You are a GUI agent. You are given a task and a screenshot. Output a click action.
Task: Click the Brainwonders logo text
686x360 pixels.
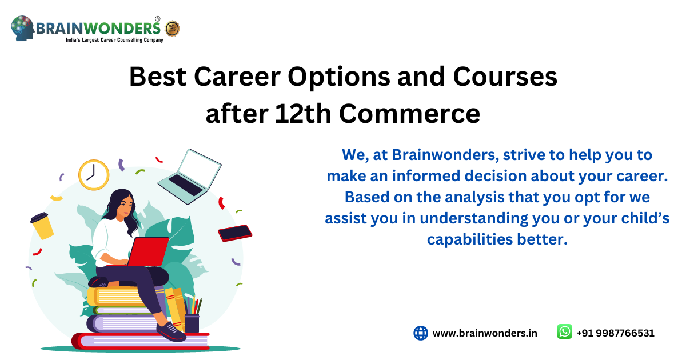click(98, 27)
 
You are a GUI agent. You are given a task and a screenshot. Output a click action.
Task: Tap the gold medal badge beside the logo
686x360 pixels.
click(172, 28)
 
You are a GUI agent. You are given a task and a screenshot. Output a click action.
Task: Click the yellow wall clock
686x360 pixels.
click(93, 174)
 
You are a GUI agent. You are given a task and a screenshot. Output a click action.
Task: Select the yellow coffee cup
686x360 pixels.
click(42, 225)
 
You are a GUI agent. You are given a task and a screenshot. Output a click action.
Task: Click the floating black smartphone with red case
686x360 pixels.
click(235, 233)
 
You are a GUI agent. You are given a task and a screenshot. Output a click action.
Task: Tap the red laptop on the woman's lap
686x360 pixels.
click(150, 251)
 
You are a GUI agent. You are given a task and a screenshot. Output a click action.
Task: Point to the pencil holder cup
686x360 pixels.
click(192, 322)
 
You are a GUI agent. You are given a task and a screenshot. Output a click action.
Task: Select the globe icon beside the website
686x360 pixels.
click(421, 333)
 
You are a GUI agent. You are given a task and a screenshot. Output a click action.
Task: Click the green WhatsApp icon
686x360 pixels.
click(564, 332)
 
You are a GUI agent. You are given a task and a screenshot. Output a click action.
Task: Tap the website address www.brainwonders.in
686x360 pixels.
click(485, 333)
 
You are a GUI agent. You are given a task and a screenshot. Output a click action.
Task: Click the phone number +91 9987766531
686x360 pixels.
click(615, 333)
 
